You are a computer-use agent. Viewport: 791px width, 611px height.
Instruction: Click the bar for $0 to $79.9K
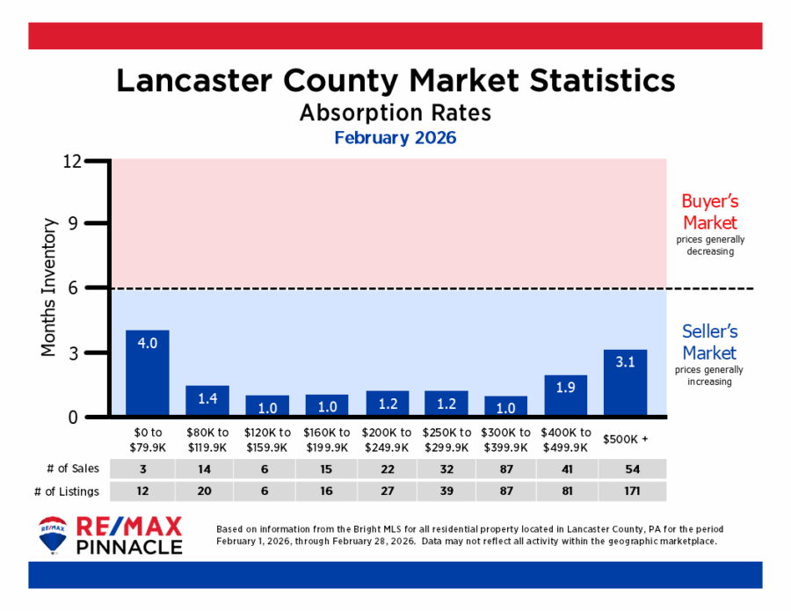click(x=147, y=373)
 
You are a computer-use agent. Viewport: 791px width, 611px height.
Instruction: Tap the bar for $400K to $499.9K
click(x=566, y=396)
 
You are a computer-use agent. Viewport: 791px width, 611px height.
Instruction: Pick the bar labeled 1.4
click(x=207, y=401)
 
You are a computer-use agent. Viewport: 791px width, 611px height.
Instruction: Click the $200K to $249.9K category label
click(x=387, y=439)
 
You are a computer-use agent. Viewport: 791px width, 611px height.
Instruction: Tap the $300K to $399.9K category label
click(x=506, y=439)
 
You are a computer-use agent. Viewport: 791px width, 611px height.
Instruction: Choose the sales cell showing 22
click(x=387, y=469)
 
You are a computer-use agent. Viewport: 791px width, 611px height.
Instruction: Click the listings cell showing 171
click(x=626, y=491)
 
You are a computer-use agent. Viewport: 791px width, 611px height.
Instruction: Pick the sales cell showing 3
click(x=147, y=469)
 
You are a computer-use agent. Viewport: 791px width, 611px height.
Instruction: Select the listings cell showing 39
click(x=446, y=491)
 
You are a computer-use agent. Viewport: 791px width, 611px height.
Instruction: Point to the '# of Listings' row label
click(x=67, y=491)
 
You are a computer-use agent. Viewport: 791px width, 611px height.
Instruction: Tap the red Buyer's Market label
click(x=709, y=211)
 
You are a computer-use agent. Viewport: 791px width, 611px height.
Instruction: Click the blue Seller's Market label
click(x=709, y=342)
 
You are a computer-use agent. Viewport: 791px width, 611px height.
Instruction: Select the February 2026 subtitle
click(x=395, y=138)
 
